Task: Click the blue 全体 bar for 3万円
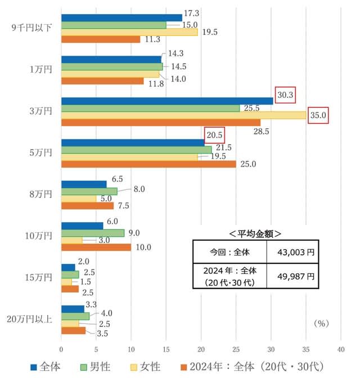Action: click(x=167, y=101)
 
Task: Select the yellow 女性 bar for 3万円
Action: click(x=183, y=115)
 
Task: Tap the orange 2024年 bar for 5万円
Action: click(x=148, y=164)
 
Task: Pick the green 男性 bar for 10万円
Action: click(x=93, y=233)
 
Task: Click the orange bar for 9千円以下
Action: click(x=101, y=39)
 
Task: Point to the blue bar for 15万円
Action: click(x=68, y=267)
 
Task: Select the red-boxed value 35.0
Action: click(x=318, y=116)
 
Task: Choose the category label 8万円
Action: click(x=40, y=195)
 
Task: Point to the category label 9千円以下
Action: click(x=31, y=28)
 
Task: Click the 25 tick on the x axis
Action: click(x=236, y=349)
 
